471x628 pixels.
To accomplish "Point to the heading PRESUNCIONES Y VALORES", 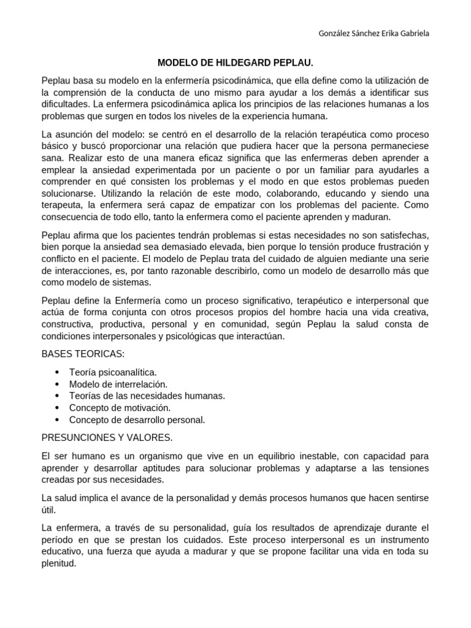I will click(107, 437).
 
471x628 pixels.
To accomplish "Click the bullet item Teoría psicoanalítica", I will click(113, 372).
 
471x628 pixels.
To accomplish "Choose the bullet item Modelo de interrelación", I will click(118, 384).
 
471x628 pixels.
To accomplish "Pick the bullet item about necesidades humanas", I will click(147, 396).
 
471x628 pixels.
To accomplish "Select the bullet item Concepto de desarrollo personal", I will click(137, 420).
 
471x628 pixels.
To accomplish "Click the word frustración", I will click(386, 246).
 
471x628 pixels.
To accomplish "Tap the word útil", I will click(48, 510).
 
